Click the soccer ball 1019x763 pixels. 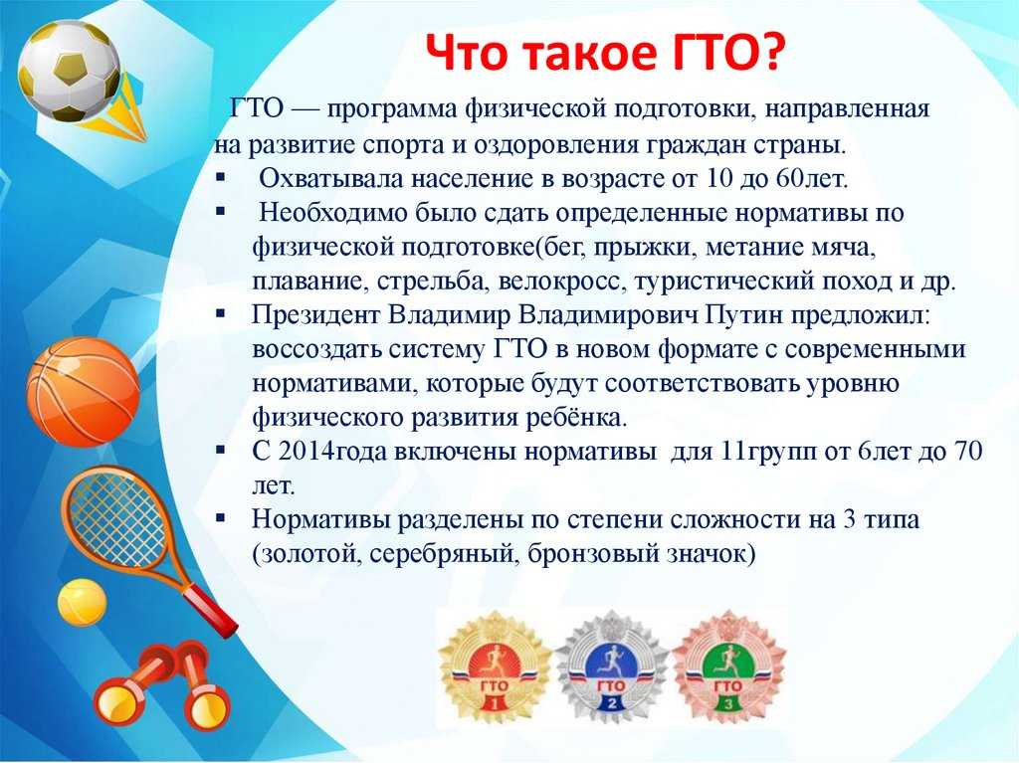pos(69,71)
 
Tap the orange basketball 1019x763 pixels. pos(84,391)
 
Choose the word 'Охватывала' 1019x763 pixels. pos(331,179)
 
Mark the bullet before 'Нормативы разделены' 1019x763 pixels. pos(220,518)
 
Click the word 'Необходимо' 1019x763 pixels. pos(328,213)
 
